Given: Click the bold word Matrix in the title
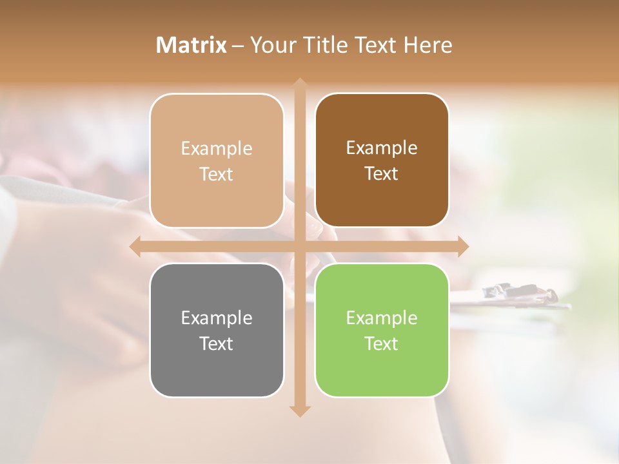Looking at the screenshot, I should pyautogui.click(x=192, y=45).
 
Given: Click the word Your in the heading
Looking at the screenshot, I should pyautogui.click(x=273, y=45).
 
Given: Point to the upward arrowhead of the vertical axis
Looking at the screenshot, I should pyautogui.click(x=299, y=84).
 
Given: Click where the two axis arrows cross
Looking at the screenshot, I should pyautogui.click(x=299, y=246).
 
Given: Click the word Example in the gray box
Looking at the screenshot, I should pyautogui.click(x=217, y=318).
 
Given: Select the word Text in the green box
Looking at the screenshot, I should pyautogui.click(x=382, y=343).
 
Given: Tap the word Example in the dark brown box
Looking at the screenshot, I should pyautogui.click(x=382, y=148).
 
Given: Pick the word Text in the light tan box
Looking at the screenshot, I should pyautogui.click(x=217, y=174).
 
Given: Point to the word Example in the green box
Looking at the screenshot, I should pyautogui.click(x=382, y=318).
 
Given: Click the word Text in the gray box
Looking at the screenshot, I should pyautogui.click(x=217, y=343).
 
